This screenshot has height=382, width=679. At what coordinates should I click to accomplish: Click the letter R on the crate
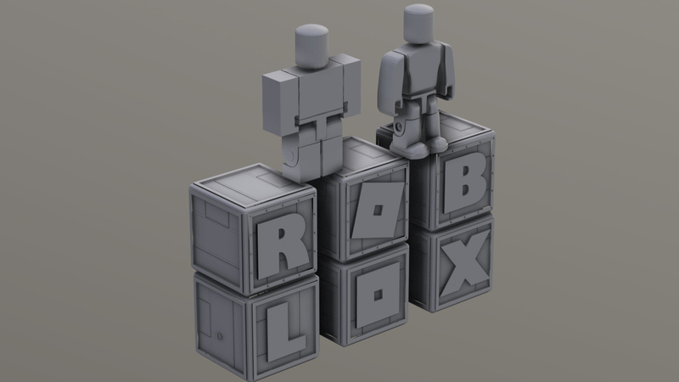pyautogui.click(x=278, y=245)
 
